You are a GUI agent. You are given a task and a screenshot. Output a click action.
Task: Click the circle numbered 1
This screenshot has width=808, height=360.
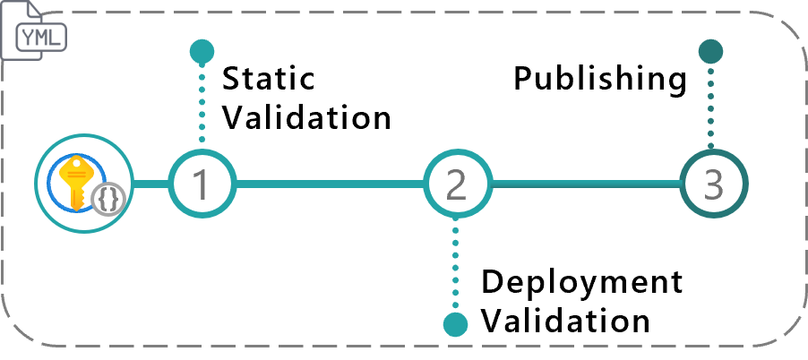click(x=201, y=184)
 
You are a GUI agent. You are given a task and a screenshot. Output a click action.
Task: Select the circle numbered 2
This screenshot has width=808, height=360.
click(x=456, y=184)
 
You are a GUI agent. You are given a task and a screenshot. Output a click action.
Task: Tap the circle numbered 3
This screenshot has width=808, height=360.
click(x=713, y=184)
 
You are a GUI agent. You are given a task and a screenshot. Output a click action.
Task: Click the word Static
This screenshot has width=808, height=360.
click(x=269, y=79)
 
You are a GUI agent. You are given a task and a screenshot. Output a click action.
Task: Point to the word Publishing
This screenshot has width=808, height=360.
click(x=599, y=79)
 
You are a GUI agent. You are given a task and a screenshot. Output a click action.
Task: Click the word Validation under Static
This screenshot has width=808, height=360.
click(x=307, y=117)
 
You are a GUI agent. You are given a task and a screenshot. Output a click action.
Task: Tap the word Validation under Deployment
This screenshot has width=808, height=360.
click(x=566, y=320)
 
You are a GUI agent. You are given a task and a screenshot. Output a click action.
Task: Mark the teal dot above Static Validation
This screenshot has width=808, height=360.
click(x=202, y=51)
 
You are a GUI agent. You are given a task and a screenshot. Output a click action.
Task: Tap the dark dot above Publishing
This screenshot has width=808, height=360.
click(x=711, y=51)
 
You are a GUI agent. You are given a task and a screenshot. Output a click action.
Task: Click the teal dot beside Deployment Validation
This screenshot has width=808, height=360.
click(x=456, y=324)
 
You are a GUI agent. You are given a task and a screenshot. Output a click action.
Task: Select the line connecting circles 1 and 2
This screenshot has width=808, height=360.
click(x=328, y=184)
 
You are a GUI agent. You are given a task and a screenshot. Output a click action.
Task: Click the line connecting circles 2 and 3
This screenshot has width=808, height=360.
click(x=584, y=184)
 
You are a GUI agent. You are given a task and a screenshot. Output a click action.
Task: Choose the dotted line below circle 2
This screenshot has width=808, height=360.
click(x=456, y=264)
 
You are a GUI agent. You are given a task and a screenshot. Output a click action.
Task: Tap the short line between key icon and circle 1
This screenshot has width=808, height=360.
click(x=151, y=184)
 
